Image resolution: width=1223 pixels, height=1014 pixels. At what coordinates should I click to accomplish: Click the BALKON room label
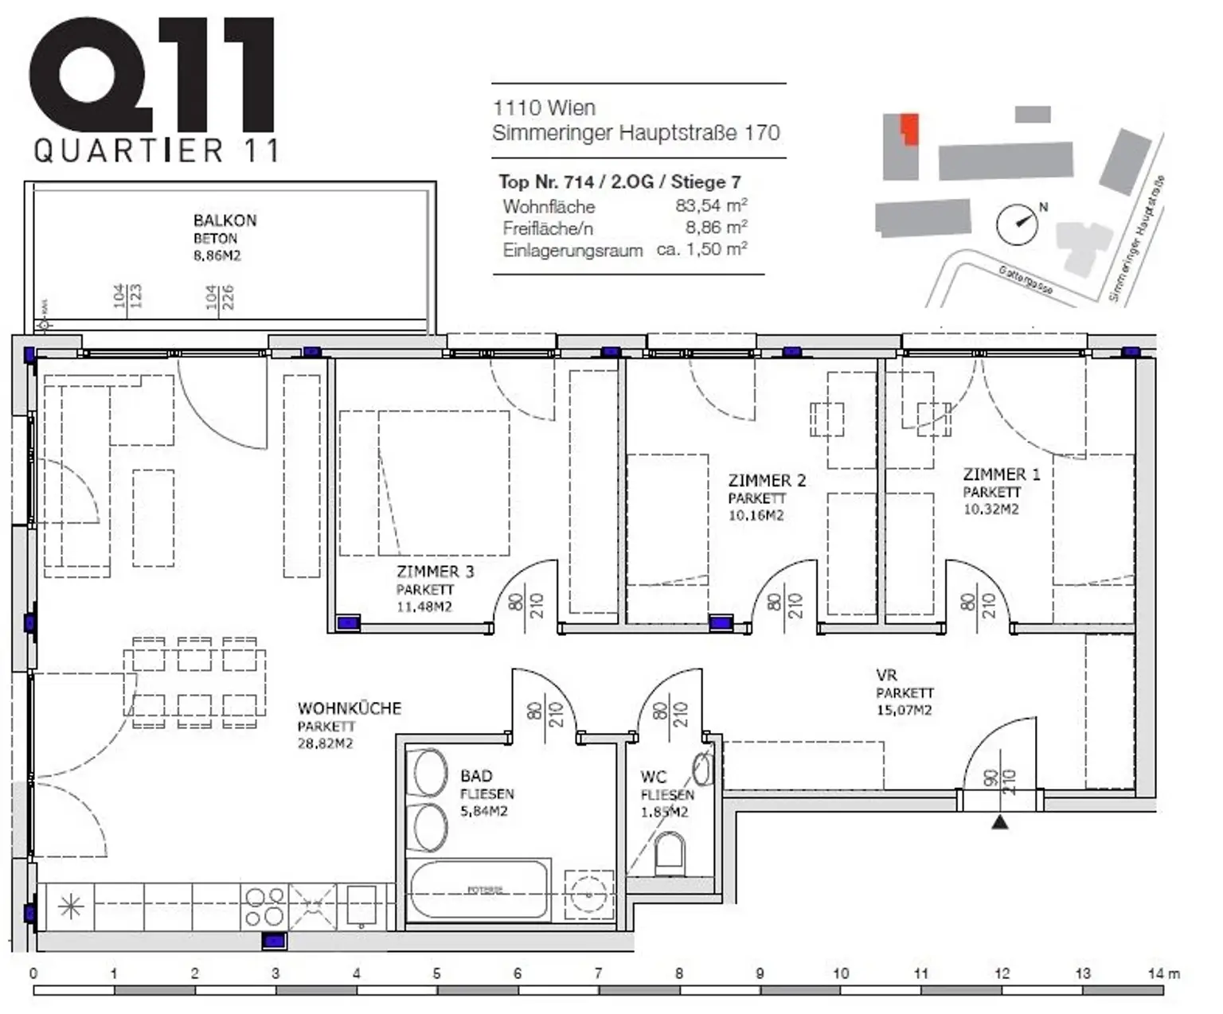(x=225, y=220)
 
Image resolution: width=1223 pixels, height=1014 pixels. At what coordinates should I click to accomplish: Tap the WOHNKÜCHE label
(x=349, y=708)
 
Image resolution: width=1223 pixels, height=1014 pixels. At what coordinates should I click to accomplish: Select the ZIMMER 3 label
(x=435, y=571)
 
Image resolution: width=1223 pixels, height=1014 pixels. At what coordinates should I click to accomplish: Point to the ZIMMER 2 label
(x=767, y=481)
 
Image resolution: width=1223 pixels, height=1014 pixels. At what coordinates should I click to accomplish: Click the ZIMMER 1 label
(x=1001, y=474)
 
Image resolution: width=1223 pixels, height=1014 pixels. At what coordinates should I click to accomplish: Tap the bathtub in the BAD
(x=479, y=891)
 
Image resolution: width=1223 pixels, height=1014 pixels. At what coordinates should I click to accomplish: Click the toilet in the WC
(x=669, y=852)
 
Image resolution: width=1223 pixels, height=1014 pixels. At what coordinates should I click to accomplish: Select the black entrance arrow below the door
(x=1000, y=821)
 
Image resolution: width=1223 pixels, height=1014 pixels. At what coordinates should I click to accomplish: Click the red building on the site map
(x=909, y=129)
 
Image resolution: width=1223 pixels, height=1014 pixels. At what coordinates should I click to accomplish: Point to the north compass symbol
(x=1018, y=224)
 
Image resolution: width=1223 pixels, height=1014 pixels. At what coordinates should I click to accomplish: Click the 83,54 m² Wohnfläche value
(x=710, y=205)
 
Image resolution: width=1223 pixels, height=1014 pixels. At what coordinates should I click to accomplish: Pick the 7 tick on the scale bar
(x=598, y=973)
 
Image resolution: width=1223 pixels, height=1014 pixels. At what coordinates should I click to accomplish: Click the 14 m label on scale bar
(x=1163, y=973)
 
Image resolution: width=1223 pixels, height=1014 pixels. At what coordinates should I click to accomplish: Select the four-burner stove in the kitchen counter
(x=264, y=907)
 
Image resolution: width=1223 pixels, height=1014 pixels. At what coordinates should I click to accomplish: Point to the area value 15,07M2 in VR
(x=904, y=710)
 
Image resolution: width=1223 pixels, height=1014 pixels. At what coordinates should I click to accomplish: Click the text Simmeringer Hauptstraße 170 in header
(x=635, y=133)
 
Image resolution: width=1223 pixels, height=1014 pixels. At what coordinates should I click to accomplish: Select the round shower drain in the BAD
(x=589, y=895)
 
